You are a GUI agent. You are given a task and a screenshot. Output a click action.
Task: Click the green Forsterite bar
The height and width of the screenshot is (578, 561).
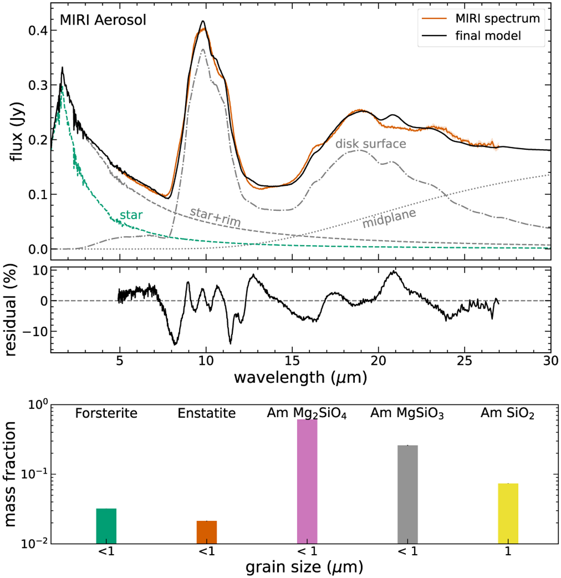click(106, 526)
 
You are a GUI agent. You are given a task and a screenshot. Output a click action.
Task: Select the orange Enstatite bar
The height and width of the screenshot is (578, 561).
click(207, 532)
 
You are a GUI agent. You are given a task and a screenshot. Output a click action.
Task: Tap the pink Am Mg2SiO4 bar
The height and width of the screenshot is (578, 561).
click(307, 481)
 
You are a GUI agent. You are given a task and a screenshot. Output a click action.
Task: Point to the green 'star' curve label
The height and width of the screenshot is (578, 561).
click(131, 215)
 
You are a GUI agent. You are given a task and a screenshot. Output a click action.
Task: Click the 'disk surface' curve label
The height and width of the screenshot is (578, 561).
click(371, 144)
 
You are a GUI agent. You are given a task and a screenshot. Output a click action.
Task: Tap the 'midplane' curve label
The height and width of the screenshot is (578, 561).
click(389, 219)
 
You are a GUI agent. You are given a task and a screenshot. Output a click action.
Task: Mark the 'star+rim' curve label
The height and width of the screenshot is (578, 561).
click(215, 217)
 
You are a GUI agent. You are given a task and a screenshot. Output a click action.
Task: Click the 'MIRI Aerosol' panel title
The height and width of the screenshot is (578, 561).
click(103, 20)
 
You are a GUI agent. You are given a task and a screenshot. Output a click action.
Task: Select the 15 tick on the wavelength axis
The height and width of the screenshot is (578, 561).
click(292, 361)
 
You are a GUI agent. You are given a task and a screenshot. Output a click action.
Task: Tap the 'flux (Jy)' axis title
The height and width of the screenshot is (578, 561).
click(18, 127)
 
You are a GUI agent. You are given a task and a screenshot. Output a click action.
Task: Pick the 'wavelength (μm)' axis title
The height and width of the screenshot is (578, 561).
click(300, 377)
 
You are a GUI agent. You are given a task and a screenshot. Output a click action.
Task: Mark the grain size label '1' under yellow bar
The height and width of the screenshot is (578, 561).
click(508, 551)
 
